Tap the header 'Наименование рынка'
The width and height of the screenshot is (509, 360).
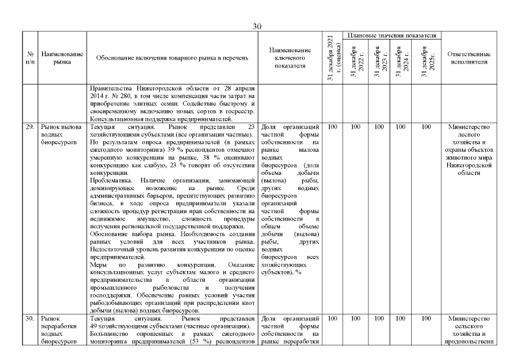pyautogui.click(x=62, y=58)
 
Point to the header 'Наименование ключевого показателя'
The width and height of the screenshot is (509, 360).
pyautogui.click(x=290, y=58)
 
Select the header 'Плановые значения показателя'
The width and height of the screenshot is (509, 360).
pyautogui.click(x=391, y=35)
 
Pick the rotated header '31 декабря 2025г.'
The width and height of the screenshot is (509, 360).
pyautogui.click(x=426, y=61)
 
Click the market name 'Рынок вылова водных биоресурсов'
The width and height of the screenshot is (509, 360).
pyautogui.click(x=62, y=135)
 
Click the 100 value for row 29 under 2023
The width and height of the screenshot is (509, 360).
pyautogui.click(x=379, y=127)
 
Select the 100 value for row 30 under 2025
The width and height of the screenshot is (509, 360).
pyautogui.click(x=426, y=319)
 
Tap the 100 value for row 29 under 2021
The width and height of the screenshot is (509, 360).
pyautogui.click(x=332, y=127)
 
